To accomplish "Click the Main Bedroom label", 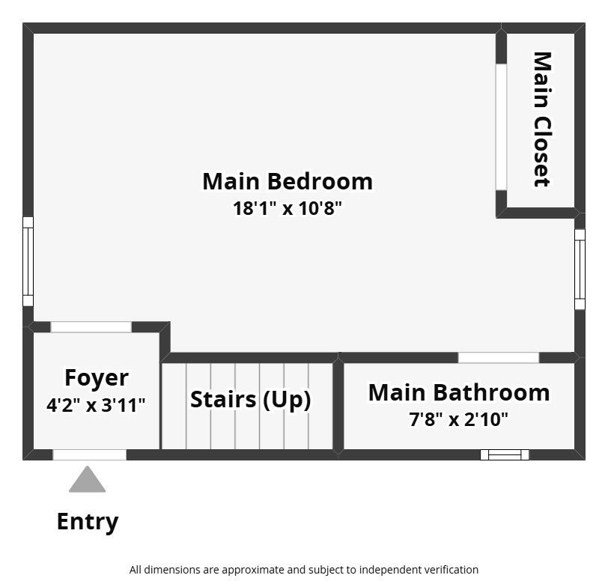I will [287, 181].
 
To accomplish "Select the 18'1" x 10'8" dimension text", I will [287, 208].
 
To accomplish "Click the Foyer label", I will [96, 377].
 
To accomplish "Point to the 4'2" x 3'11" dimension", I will [96, 405].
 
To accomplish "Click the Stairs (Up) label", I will [250, 399].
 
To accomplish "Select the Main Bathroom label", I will [458, 392].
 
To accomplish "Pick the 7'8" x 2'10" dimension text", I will [458, 419].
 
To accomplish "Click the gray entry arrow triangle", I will [88, 481].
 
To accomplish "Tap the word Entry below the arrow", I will [88, 521].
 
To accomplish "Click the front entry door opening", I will [89, 454].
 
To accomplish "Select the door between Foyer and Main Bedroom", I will [91, 327].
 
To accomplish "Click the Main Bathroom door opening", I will [498, 358].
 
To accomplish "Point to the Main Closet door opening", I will [501, 127].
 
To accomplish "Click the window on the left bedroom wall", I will [28, 261].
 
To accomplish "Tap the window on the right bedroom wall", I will [580, 269].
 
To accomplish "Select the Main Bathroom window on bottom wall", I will [505, 454].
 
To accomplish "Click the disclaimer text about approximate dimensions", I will [303, 570].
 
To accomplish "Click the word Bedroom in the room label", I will [319, 181].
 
